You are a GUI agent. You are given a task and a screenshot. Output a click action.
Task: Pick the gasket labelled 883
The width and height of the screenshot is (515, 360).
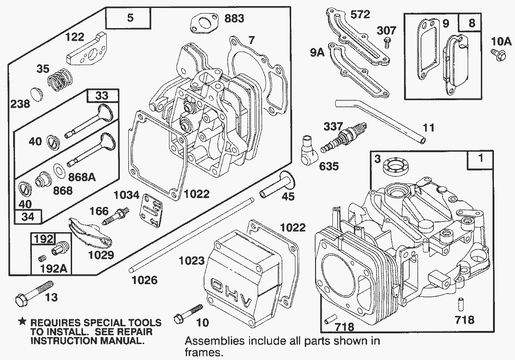tap(201, 23)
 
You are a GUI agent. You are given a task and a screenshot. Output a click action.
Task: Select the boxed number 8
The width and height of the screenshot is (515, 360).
tap(471, 23)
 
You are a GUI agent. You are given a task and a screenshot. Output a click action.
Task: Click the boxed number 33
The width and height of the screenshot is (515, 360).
tap(102, 96)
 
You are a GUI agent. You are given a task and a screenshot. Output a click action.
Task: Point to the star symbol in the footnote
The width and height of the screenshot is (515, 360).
tap(22, 322)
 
